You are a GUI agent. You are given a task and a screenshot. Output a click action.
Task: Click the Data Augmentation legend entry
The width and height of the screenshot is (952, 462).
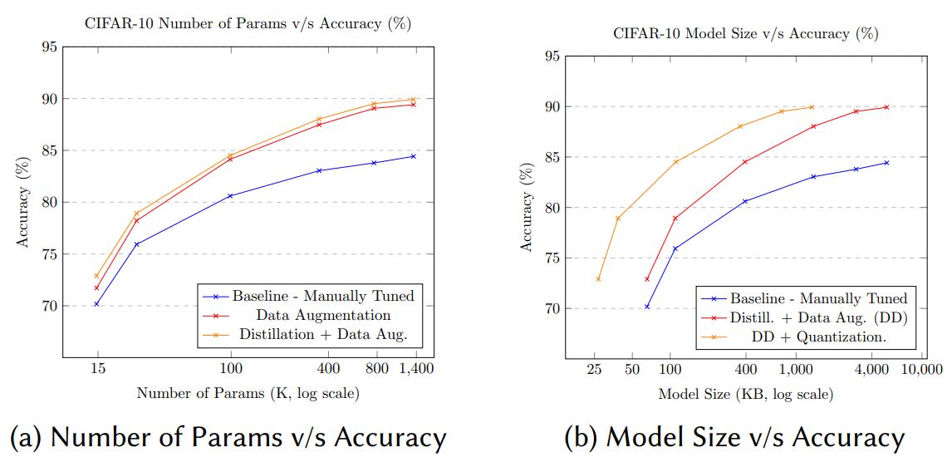coord(323,316)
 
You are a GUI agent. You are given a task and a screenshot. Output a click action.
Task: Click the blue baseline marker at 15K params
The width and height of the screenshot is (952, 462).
coord(96,304)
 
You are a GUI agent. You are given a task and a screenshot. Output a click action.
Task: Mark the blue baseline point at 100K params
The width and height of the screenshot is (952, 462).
coord(230,196)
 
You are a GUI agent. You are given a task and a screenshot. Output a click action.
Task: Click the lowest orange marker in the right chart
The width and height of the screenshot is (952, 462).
coord(598,279)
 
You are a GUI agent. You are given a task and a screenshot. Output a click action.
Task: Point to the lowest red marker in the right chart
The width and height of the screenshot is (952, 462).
coord(647,279)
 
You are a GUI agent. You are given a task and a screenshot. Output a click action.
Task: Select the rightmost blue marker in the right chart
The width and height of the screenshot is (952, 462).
coord(886,163)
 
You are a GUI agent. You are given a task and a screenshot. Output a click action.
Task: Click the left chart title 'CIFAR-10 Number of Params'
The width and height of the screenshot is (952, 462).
coord(248,24)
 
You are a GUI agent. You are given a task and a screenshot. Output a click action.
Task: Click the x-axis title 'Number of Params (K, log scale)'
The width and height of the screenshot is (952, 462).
coord(248,393)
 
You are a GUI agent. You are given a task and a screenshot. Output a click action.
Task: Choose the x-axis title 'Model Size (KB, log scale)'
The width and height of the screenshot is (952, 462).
coord(745,394)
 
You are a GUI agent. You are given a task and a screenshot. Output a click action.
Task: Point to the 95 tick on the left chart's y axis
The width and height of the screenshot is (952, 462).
coord(49,47)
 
